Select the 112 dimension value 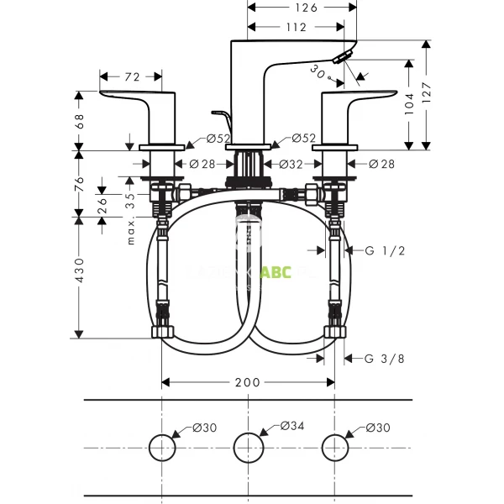click(x=295, y=27)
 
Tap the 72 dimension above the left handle click(x=132, y=77)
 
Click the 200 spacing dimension click(x=248, y=382)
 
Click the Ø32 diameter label click(x=291, y=165)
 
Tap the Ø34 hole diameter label click(x=291, y=428)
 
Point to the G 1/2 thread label click(x=384, y=251)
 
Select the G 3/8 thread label click(x=384, y=359)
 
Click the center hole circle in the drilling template click(x=248, y=447)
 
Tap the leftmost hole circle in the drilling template click(x=161, y=447)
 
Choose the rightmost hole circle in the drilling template click(x=335, y=447)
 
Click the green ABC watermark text click(x=276, y=272)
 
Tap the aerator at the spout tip click(x=342, y=57)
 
